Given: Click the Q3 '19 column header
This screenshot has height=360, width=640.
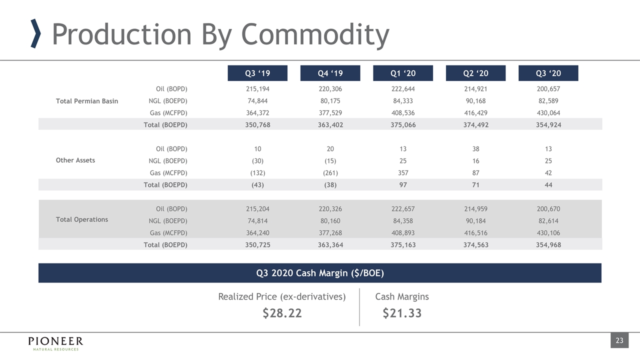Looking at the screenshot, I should (257, 73).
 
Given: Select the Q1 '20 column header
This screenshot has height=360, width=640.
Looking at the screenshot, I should (403, 73).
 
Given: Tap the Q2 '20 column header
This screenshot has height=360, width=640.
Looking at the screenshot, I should (475, 73).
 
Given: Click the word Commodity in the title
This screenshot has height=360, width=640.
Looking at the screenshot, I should (315, 35).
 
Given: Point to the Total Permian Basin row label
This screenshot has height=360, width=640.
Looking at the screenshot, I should (87, 101).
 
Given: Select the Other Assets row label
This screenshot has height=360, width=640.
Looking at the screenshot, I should (75, 160).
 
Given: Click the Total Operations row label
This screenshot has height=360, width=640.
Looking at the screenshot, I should (82, 219).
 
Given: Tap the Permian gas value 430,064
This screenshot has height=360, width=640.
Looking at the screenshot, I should (548, 113).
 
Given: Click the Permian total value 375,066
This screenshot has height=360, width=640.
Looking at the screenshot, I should (403, 125).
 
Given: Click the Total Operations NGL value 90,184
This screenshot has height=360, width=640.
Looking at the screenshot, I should (475, 221).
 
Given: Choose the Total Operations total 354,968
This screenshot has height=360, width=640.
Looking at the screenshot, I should (548, 245).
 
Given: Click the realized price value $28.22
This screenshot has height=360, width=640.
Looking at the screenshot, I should (282, 313).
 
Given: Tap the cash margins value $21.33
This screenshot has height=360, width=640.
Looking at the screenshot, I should (402, 313).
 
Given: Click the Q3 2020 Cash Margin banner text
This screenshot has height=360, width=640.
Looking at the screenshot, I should (320, 273).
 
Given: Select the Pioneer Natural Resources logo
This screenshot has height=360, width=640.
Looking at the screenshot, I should (55, 343).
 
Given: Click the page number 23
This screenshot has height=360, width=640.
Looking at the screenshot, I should (619, 341).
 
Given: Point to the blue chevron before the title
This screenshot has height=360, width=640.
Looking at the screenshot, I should (35, 34).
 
